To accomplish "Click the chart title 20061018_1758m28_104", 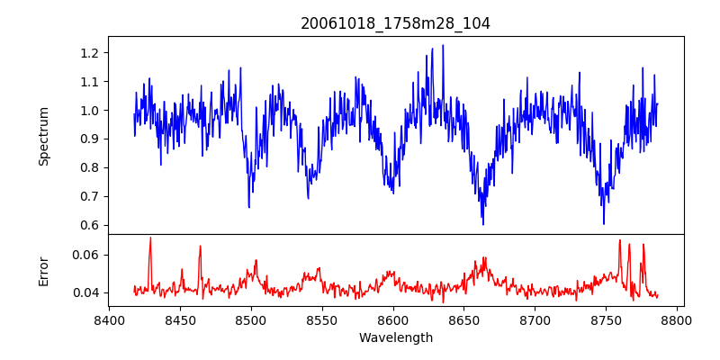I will click(395, 23).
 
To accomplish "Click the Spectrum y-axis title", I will click(44, 136).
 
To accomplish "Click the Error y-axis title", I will click(44, 271).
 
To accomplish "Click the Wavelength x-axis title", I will click(395, 338).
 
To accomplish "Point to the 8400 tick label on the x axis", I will click(109, 319).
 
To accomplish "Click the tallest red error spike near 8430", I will click(150, 238).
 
